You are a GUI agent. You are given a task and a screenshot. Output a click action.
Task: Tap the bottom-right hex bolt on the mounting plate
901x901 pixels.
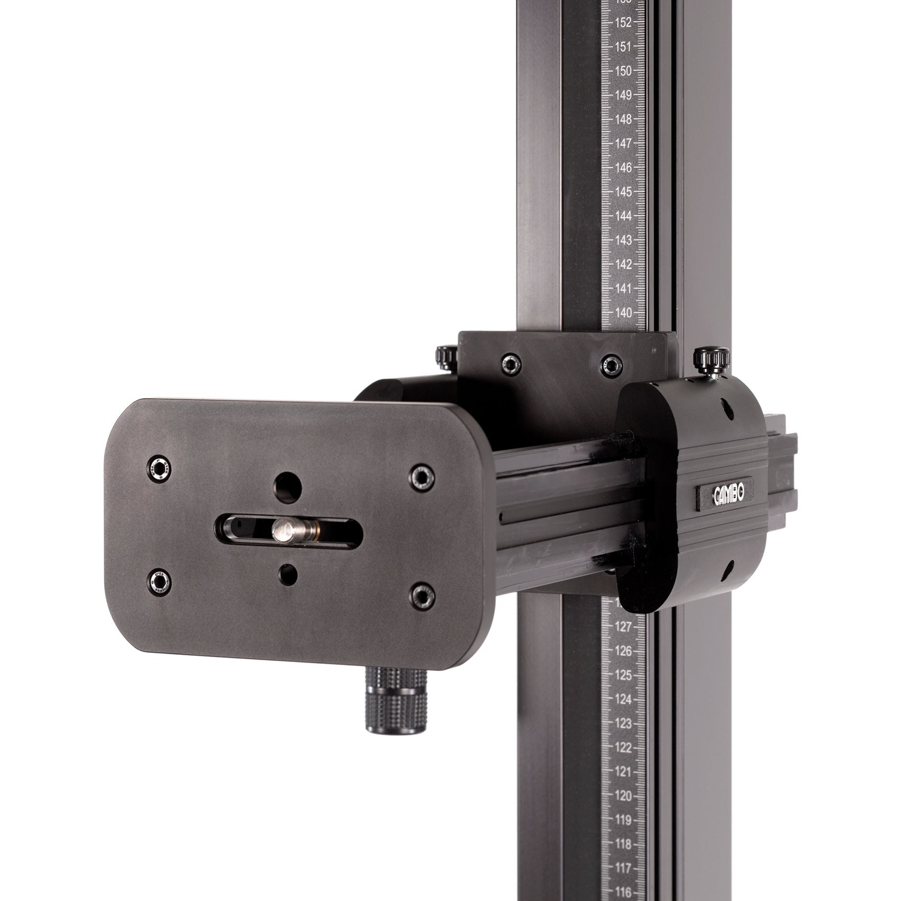click(422, 595)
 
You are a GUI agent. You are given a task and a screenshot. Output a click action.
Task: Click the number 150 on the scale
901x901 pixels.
click(623, 71)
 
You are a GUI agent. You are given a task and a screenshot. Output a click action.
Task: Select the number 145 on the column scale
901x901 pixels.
click(623, 192)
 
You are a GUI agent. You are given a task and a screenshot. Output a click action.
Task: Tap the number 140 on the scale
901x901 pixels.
click(623, 313)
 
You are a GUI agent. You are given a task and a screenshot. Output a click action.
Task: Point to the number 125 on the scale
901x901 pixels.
click(623, 676)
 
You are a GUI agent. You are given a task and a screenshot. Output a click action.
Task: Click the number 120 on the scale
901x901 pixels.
click(623, 796)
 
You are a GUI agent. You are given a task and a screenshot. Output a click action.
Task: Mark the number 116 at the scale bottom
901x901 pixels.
click(623, 893)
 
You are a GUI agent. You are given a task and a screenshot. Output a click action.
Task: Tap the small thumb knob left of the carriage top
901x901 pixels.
click(446, 357)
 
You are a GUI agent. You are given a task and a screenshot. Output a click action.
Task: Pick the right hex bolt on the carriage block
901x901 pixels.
click(611, 363)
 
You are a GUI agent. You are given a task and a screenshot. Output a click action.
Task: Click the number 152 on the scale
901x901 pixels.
click(623, 23)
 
